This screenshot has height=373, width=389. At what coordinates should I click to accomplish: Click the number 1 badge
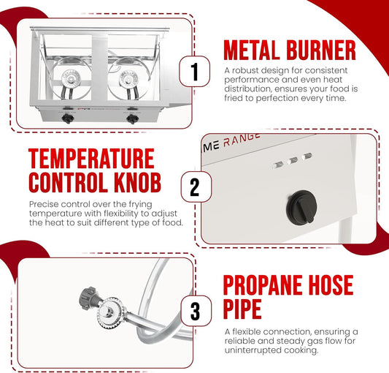click(x=194, y=72)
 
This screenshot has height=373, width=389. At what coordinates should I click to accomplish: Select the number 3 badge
click(x=196, y=311)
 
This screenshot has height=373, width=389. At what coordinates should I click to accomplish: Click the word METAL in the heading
click(x=252, y=50)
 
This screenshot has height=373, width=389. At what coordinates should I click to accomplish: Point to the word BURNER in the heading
click(x=321, y=50)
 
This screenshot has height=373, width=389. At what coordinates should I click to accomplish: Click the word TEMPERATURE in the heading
click(x=91, y=159)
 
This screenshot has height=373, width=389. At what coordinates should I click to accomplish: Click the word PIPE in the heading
click(x=242, y=309)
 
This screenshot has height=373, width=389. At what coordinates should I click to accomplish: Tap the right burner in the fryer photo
click(x=128, y=79)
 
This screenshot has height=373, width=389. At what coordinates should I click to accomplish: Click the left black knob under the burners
click(x=67, y=118)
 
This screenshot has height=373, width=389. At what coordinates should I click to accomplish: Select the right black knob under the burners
click(x=133, y=119)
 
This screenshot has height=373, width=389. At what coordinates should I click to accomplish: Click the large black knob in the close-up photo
click(x=301, y=208)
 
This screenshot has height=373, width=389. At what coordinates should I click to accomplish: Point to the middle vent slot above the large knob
click(x=293, y=160)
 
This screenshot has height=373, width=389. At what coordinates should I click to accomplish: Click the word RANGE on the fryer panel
click(x=242, y=140)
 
